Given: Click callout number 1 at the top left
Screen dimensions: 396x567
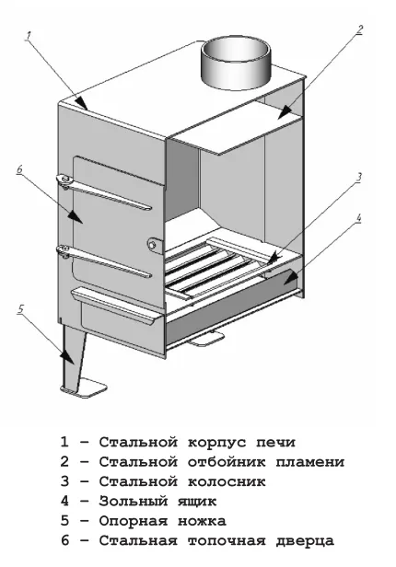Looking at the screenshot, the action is (29, 37).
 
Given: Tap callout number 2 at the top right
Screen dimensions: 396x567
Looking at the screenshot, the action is (358, 29).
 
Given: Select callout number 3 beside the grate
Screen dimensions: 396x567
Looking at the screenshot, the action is (358, 178).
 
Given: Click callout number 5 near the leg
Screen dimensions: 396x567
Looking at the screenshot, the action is (20, 309).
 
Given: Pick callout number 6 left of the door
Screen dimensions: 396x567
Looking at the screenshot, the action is (19, 169).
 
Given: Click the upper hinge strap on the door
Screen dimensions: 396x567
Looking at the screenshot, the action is (103, 192).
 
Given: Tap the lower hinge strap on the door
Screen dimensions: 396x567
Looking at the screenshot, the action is (103, 261).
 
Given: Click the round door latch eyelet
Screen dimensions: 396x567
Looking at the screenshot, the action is (153, 245).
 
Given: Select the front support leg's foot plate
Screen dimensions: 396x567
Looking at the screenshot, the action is (84, 388).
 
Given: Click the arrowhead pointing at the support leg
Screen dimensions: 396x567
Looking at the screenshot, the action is (67, 357).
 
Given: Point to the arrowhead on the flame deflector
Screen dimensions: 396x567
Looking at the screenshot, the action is (285, 111).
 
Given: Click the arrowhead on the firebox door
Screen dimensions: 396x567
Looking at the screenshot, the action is (76, 216).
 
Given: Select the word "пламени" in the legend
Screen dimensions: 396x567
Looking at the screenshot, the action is (310, 462).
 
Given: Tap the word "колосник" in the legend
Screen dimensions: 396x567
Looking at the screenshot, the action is (227, 481).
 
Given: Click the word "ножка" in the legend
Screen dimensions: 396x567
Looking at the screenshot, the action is (202, 521).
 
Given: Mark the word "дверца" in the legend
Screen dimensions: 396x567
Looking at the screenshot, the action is (305, 541).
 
